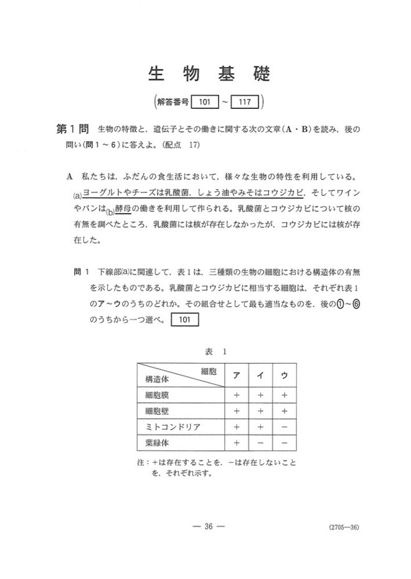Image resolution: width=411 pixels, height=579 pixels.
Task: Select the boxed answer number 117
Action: (247, 101)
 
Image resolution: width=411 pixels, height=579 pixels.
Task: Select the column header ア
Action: (237, 376)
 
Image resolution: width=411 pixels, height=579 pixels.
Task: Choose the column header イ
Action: (260, 376)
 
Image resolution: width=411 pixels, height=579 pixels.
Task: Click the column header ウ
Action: (284, 376)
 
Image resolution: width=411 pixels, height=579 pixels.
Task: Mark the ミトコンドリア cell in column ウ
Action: (284, 427)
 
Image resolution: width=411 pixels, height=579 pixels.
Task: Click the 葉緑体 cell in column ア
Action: (237, 443)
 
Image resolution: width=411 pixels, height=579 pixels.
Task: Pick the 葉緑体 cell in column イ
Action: (260, 443)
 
